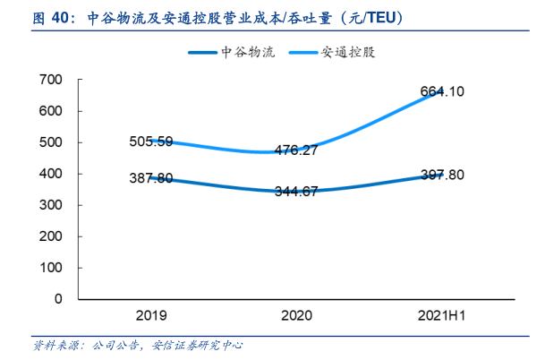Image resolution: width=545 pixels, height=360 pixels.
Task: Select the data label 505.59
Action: point(152,141)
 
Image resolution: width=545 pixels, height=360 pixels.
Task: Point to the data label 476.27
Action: point(294,150)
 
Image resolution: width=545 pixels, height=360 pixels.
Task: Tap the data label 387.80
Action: point(150,178)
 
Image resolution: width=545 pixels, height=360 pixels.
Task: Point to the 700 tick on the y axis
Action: point(51,80)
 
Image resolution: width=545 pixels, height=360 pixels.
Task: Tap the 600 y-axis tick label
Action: point(51,111)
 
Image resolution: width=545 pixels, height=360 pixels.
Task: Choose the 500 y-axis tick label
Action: point(51,142)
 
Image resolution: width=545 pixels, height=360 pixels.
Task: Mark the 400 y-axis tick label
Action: point(51,174)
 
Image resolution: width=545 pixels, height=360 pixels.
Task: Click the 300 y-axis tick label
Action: point(51,205)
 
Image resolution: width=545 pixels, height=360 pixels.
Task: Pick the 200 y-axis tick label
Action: point(51,236)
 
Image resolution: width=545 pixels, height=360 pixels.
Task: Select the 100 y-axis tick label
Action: point(51,268)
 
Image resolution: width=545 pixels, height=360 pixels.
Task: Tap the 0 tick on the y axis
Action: point(58,299)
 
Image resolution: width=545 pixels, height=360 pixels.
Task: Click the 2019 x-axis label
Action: point(150,316)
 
